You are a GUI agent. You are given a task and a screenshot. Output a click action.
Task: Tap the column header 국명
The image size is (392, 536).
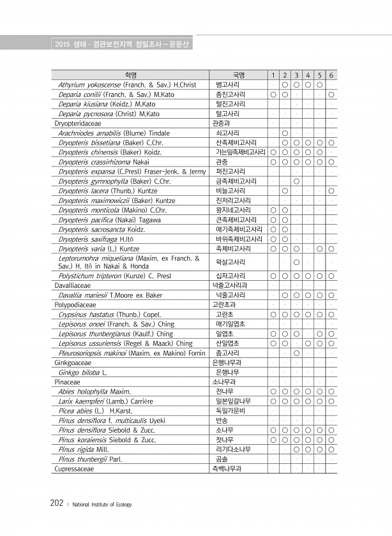[239, 75]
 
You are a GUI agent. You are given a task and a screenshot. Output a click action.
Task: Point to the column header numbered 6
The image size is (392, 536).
[332, 75]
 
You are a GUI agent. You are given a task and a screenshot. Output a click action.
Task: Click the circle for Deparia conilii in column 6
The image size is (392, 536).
[332, 94]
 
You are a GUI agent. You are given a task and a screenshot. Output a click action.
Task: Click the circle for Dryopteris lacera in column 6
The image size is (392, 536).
[332, 191]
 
